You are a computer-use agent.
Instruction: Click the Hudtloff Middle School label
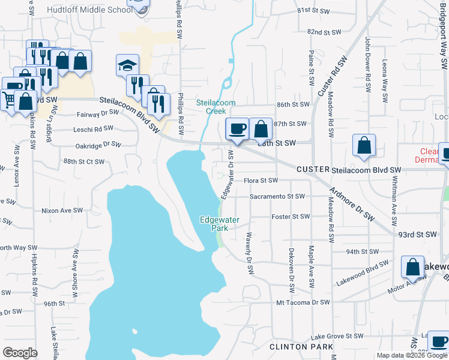[x=89, y=10]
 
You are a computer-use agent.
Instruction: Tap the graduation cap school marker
[x=127, y=65]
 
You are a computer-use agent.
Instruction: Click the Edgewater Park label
[x=215, y=224]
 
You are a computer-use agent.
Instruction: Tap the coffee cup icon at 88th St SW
[x=237, y=129]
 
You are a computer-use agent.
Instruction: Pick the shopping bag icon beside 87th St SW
[x=261, y=129]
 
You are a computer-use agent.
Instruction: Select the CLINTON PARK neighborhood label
[x=298, y=347]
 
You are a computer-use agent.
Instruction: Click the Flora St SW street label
[x=261, y=181]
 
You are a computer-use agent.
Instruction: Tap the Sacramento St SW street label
[x=277, y=196]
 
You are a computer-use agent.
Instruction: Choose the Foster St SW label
[x=291, y=217]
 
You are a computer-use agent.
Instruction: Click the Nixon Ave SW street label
[x=61, y=211]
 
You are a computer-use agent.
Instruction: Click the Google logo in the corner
[x=20, y=353]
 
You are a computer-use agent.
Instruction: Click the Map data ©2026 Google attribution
[x=412, y=355]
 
